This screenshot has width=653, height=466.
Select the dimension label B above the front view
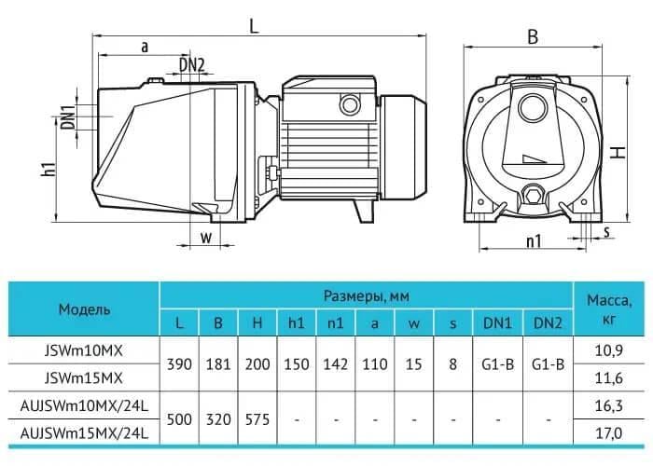point(533,37)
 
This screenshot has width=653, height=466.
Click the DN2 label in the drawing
point(193,63)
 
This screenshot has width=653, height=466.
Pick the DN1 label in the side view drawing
point(68,118)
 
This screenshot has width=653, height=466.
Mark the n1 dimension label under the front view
point(533,241)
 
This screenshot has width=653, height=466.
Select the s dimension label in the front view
point(604,231)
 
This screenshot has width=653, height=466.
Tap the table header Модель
point(84,308)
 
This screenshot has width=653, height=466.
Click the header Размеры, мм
point(367,295)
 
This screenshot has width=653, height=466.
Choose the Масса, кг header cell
point(610,308)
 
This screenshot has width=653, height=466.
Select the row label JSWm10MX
point(84,349)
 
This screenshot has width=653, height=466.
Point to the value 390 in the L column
point(180,363)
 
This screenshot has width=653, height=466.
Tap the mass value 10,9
point(610,349)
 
